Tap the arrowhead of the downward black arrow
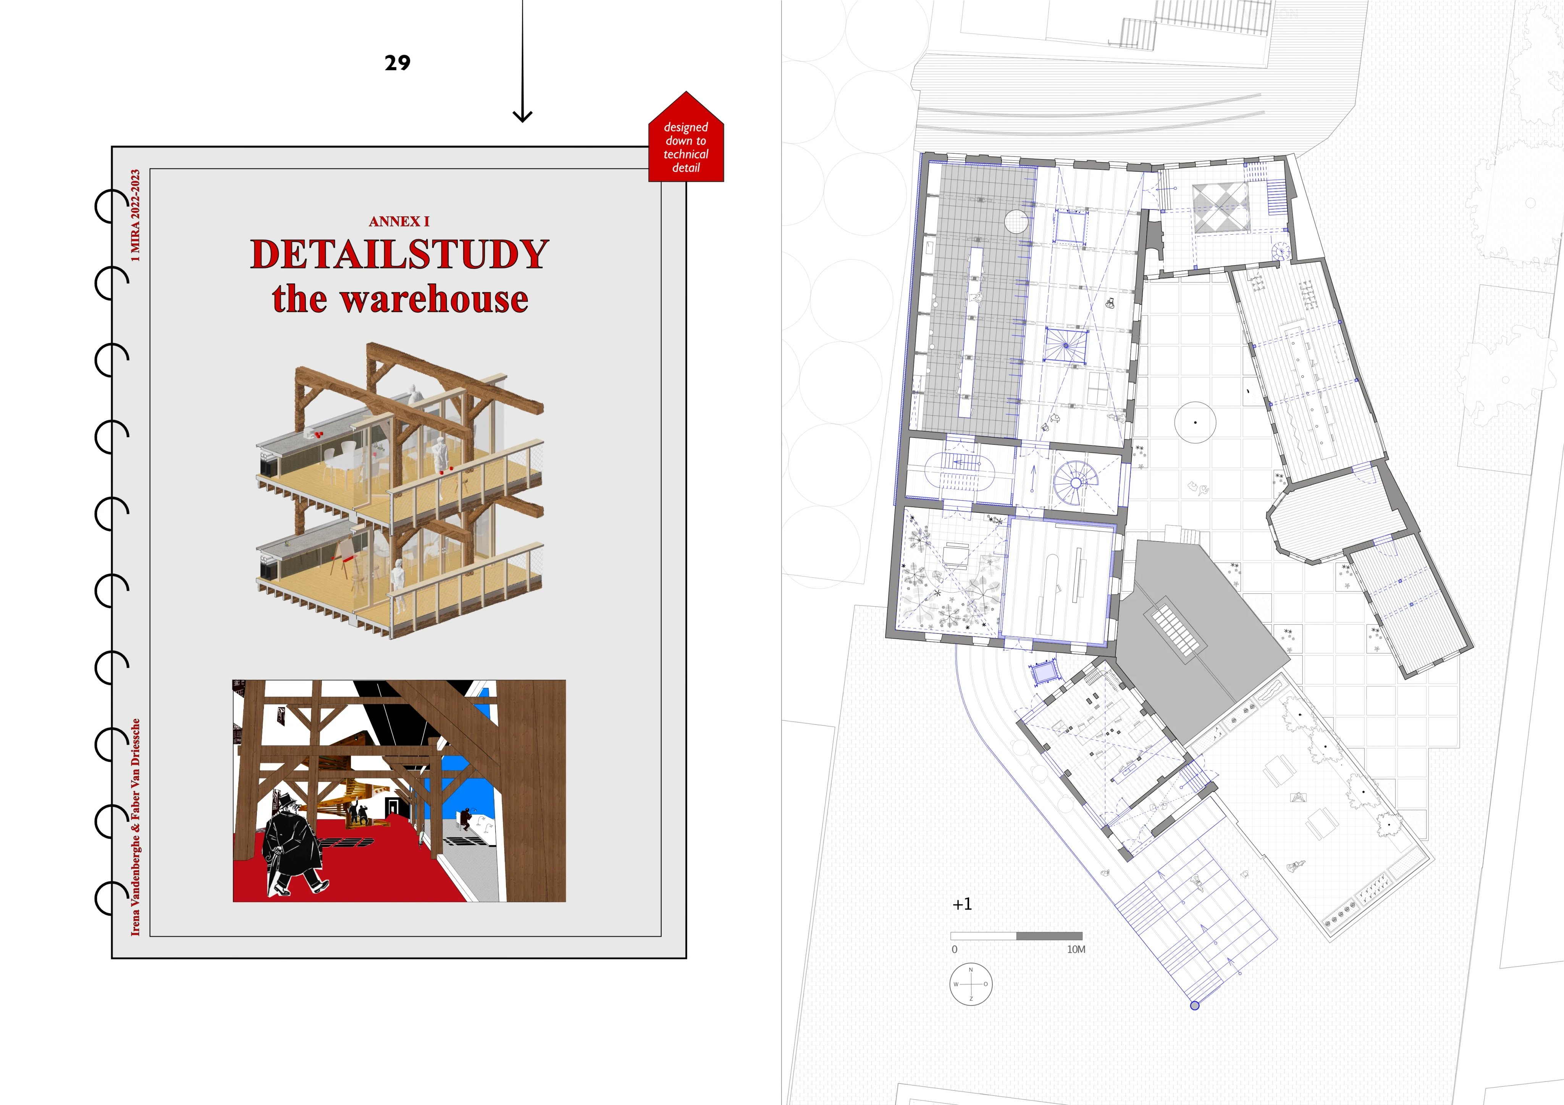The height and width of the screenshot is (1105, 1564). tap(522, 116)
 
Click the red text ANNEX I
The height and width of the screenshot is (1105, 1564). tap(399, 221)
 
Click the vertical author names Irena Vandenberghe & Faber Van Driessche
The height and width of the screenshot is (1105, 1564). tap(136, 826)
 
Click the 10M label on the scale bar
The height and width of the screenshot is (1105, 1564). tap(1076, 949)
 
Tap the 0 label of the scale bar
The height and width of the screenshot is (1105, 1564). tap(954, 949)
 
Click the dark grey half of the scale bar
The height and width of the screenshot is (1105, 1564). tap(1049, 936)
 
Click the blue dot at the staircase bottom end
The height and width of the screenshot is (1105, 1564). tap(1194, 1005)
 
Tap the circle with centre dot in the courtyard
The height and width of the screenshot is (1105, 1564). tap(1195, 422)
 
